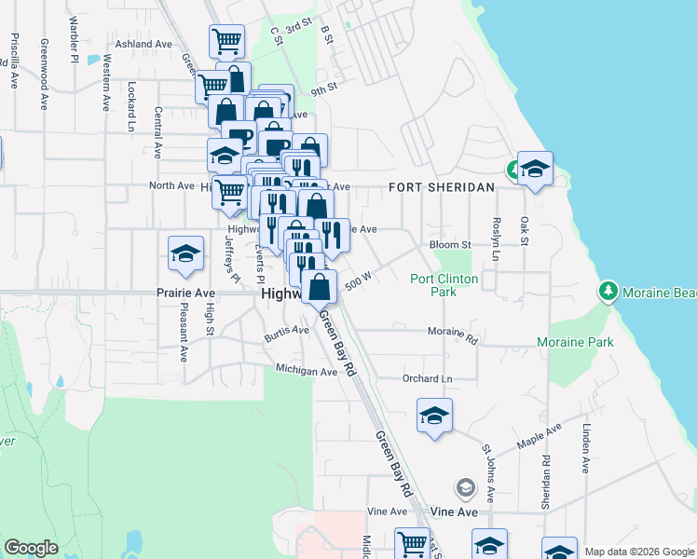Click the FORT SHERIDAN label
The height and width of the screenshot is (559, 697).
coord(441,187)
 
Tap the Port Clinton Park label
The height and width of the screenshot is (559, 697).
coord(444,285)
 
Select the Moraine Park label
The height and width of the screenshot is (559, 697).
coord(575,343)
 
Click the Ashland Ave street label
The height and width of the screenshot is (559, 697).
coord(144,44)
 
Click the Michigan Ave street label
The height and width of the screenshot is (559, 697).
coord(306,371)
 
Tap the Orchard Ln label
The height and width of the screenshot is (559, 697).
coord(427,379)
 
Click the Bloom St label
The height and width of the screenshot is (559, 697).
coord(450,245)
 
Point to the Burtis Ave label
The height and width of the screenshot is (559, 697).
coord(285,332)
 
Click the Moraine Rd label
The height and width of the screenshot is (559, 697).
coord(452,332)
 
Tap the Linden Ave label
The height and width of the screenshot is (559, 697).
coord(586,449)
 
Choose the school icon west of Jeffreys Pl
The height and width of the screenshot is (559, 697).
coord(186,253)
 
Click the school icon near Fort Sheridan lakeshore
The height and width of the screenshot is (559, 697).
coord(535,169)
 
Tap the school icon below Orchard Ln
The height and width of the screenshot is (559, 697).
coord(434,416)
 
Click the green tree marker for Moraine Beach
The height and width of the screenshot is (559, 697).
coord(608,292)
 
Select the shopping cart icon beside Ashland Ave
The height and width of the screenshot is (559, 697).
coord(226,41)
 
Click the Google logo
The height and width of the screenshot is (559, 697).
coord(31,549)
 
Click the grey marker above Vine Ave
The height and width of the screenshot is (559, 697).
coord(465,487)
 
